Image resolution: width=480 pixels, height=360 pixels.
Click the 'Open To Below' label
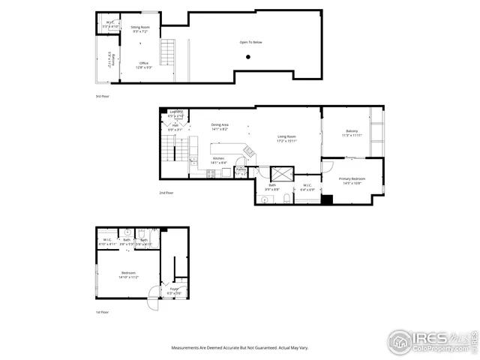(x=250, y=43)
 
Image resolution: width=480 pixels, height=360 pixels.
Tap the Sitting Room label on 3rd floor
(x=141, y=29)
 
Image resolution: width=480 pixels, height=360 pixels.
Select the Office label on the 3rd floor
(x=142, y=65)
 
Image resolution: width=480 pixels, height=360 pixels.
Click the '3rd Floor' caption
(x=102, y=97)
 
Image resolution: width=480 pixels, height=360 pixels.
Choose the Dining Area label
(x=220, y=127)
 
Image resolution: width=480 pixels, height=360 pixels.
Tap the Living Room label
(x=287, y=139)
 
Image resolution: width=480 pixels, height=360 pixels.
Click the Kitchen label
(x=218, y=160)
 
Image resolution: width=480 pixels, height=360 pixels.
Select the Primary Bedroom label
(x=352, y=181)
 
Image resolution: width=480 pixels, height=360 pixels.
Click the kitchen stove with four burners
(x=211, y=173)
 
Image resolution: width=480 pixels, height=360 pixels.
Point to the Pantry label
(x=241, y=172)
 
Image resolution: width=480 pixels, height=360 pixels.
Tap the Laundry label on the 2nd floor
(x=175, y=115)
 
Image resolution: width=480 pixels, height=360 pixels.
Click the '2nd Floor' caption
(x=166, y=193)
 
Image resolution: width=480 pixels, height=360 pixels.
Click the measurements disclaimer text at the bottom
(x=239, y=347)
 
